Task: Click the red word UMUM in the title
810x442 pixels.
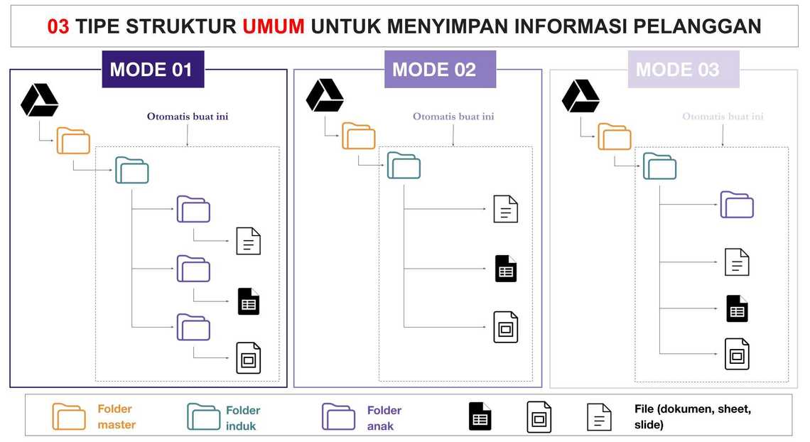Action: point(273,26)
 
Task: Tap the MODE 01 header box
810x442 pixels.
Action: point(152,70)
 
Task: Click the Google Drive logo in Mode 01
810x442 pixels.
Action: point(39,100)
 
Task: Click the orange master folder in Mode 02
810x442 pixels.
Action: point(358,136)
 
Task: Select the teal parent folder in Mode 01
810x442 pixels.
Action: point(132,171)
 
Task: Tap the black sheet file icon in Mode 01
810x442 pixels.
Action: point(249,301)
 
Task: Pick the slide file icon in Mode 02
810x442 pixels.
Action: point(506,327)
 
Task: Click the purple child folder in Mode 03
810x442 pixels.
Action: point(737,205)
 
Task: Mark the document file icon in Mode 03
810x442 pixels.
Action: point(737,262)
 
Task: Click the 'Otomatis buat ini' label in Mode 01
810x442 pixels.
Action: point(188,117)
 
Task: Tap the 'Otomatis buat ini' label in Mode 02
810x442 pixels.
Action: point(453,117)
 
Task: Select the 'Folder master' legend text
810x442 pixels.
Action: point(116,417)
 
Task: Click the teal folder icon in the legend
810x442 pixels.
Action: point(203,417)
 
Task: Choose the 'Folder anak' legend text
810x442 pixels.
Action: point(384,418)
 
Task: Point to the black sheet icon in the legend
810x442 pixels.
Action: point(480,416)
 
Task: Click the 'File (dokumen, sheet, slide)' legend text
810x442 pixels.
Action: point(692,416)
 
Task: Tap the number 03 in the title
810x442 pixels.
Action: point(58,26)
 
